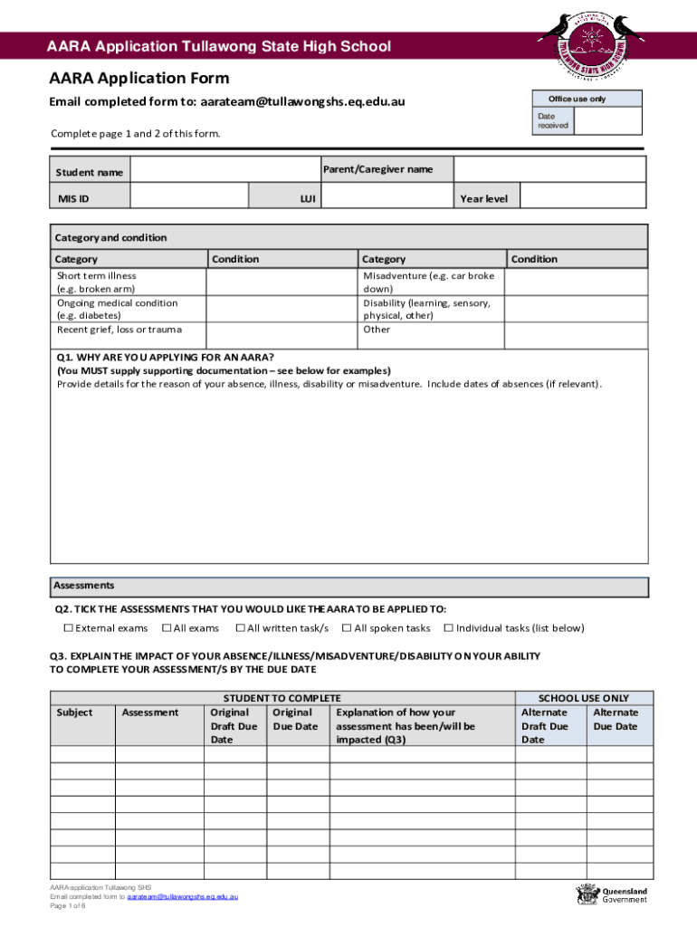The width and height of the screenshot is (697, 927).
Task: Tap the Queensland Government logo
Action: (x=613, y=895)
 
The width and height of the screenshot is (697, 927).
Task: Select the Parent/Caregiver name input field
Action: (x=549, y=169)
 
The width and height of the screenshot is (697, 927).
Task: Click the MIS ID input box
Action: (x=189, y=197)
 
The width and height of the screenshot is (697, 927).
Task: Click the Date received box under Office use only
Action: (x=608, y=121)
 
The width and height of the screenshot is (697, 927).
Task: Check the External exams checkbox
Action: (x=68, y=628)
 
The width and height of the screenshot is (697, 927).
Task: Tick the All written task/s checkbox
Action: (x=240, y=628)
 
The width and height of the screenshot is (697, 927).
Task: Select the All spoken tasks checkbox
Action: (x=347, y=628)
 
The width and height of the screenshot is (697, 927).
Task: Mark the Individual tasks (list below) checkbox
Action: (x=448, y=628)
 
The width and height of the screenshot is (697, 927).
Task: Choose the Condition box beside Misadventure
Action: (x=576, y=282)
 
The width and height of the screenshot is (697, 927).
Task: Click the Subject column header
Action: (x=74, y=712)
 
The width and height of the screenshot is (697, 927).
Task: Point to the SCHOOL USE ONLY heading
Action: (x=583, y=698)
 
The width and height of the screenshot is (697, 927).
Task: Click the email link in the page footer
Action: (x=182, y=896)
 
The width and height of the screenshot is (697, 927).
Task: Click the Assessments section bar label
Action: (x=83, y=586)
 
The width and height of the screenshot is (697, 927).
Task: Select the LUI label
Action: (x=308, y=198)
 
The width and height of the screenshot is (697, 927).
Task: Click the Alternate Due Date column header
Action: (x=615, y=719)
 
